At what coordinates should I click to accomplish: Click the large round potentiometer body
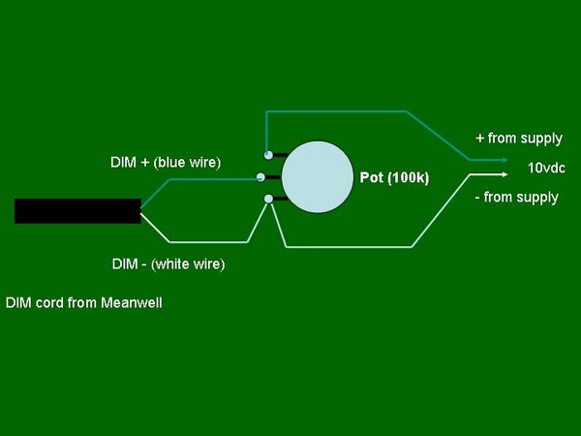pos(318,177)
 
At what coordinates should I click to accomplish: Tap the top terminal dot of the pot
pos(268,155)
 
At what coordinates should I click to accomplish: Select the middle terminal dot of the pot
pos(260,177)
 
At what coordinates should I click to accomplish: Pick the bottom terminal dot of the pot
pos(268,199)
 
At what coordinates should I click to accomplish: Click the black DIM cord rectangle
pos(77,211)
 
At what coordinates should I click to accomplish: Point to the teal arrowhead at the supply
pos(505,160)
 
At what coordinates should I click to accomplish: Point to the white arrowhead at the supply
pos(505,174)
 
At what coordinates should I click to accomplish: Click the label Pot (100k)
pos(394,178)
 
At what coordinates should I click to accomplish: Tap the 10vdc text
pos(546,168)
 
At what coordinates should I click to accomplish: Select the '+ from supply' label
pos(519,139)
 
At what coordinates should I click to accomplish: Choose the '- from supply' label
pos(516,198)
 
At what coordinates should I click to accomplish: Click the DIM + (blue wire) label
pos(166,163)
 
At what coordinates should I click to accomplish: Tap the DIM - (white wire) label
pos(168,265)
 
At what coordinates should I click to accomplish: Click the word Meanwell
pos(132,303)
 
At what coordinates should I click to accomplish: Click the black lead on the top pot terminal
pos(280,155)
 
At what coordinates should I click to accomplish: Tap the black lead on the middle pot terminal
pos(273,177)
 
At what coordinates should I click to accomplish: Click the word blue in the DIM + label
pos(170,163)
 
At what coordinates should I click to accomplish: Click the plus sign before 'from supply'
pos(480,139)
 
